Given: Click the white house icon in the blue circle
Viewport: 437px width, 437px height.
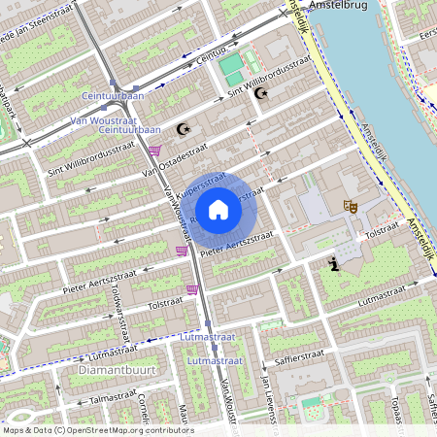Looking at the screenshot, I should pyautogui.click(x=218, y=210).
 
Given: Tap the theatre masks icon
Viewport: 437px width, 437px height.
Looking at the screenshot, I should pyautogui.click(x=349, y=206).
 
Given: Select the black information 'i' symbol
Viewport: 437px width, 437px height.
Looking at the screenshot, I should pyautogui.click(x=334, y=262).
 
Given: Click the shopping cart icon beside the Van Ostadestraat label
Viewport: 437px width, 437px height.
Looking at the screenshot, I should pyautogui.click(x=155, y=151).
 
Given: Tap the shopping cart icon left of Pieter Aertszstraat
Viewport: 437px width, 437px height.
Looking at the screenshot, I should pyautogui.click(x=181, y=252).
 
